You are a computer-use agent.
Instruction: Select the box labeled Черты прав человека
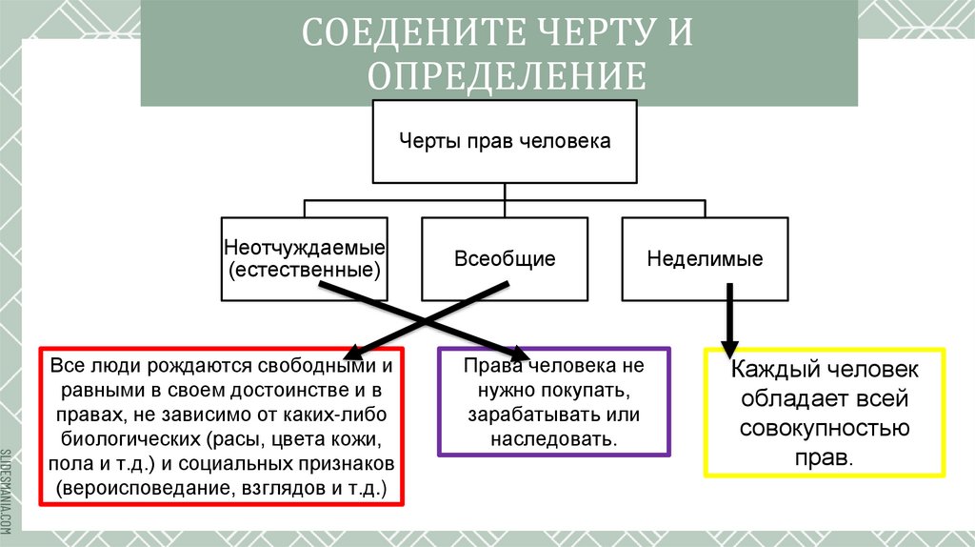pyautogui.click(x=504, y=141)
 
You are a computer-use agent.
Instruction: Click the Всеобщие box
pyautogui.click(x=504, y=258)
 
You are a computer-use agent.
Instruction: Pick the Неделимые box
pyautogui.click(x=705, y=258)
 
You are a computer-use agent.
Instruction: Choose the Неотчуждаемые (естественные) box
pyautogui.click(x=304, y=258)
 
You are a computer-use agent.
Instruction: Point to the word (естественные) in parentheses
pyautogui.click(x=304, y=270)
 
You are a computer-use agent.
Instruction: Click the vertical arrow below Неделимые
pyautogui.click(x=730, y=324)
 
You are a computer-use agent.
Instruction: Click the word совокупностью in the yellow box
pyautogui.click(x=825, y=428)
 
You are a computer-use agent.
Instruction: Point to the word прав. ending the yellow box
pyautogui.click(x=825, y=456)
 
